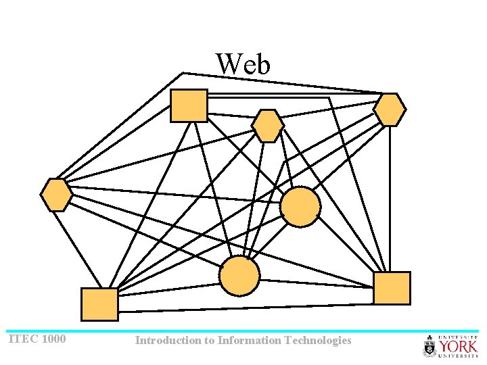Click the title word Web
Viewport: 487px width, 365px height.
pyautogui.click(x=243, y=65)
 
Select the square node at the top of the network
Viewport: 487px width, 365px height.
pyautogui.click(x=189, y=105)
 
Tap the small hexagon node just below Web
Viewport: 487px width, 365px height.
pyautogui.click(x=268, y=126)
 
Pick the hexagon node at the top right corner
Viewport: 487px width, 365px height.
pyautogui.click(x=390, y=109)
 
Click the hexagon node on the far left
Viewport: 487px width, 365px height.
pyautogui.click(x=56, y=195)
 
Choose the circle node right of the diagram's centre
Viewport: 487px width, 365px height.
pyautogui.click(x=300, y=207)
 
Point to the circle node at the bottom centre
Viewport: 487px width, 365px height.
pyautogui.click(x=239, y=276)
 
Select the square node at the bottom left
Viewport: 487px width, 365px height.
pyautogui.click(x=99, y=304)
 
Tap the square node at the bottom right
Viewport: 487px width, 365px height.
pyautogui.click(x=392, y=288)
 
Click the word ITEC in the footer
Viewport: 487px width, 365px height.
pyautogui.click(x=23, y=339)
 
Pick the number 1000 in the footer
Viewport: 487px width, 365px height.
pyautogui.click(x=53, y=339)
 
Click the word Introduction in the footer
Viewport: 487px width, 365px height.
pyautogui.click(x=166, y=341)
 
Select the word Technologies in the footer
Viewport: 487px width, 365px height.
pyautogui.click(x=319, y=341)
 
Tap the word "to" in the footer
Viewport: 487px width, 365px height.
pyautogui.click(x=207, y=341)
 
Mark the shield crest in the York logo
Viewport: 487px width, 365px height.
pyautogui.click(x=430, y=347)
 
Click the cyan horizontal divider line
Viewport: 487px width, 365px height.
pyautogui.click(x=243, y=331)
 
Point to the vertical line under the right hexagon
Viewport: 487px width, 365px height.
pyautogui.click(x=390, y=196)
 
